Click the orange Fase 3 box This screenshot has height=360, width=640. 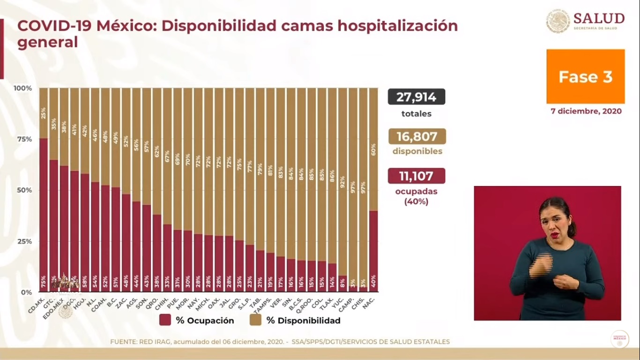coord(585,76)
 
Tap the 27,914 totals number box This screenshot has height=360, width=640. coord(416,97)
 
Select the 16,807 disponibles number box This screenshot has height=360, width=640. coord(417,136)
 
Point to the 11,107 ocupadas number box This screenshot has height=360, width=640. coord(416,176)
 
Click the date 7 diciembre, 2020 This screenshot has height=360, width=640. coord(586,111)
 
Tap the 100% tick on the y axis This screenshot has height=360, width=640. coord(22,88)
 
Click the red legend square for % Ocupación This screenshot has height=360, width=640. coord(165,321)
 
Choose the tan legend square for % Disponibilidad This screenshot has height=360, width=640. coord(255,321)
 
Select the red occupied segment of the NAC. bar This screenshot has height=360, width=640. coord(373,251)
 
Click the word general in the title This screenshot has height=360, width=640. coord(47,42)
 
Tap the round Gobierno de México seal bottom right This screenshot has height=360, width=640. coord(619,339)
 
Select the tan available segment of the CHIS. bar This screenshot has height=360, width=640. coord(363,187)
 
